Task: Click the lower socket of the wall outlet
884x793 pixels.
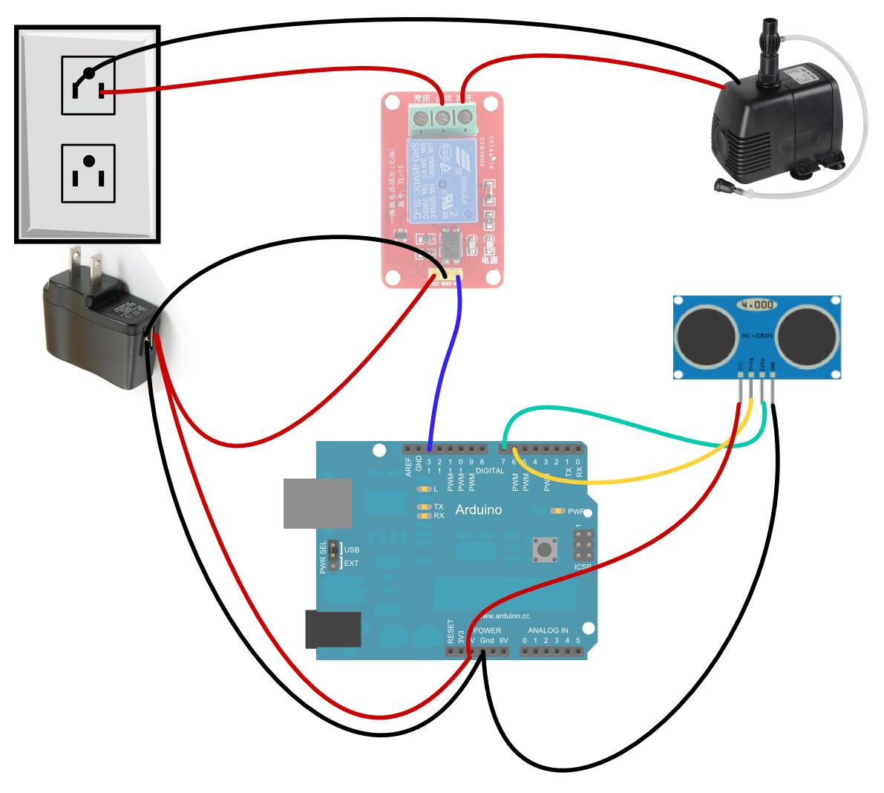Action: pyautogui.click(x=88, y=172)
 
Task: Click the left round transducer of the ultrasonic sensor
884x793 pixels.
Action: pyautogui.click(x=705, y=333)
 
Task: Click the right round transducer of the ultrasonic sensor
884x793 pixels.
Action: pyautogui.click(x=806, y=333)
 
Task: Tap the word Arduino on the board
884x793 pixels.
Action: pyautogui.click(x=478, y=510)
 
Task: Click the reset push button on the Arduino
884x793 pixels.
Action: pyautogui.click(x=546, y=550)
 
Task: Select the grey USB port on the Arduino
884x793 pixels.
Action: pyautogui.click(x=317, y=503)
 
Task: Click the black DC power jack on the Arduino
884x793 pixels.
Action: pyautogui.click(x=333, y=630)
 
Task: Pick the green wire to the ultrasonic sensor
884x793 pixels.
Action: pyautogui.click(x=616, y=413)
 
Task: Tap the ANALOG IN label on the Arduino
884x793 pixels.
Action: pyautogui.click(x=548, y=630)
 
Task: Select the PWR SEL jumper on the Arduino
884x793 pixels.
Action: pyautogui.click(x=333, y=556)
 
